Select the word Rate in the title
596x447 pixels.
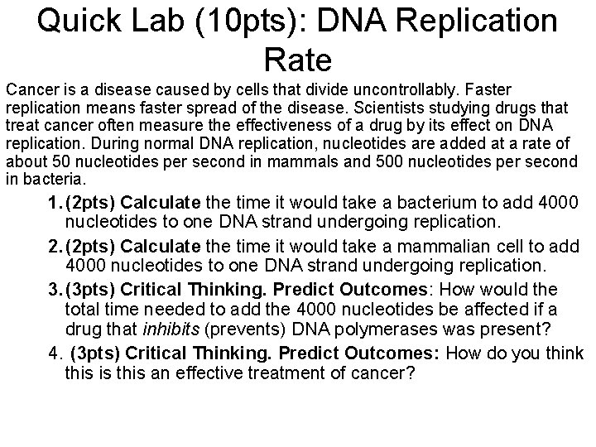298,59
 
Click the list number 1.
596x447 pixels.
54,203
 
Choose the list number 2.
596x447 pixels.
54,246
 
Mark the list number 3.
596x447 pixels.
54,289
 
